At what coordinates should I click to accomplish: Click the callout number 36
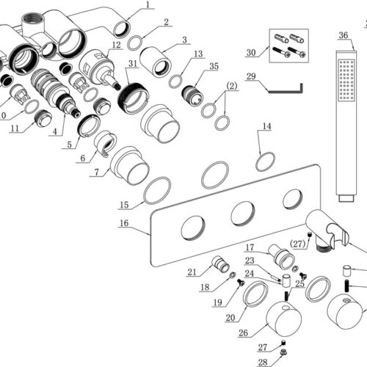coord(344,35)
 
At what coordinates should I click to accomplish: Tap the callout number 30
coord(251,53)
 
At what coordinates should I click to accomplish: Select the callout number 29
coord(251,76)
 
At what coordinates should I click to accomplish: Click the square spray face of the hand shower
coord(346,80)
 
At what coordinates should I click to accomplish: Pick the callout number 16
coord(124,223)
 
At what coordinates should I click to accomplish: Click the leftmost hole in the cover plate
coord(193,228)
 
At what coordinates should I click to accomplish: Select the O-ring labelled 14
coord(266,161)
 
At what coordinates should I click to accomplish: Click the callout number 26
coord(243,333)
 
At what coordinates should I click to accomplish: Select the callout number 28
coord(263,363)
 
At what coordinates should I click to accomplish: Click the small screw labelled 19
coord(241,283)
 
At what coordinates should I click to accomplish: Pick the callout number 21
coord(192,272)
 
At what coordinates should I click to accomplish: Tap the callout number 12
coord(117,45)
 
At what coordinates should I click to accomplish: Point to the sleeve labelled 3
coord(155,62)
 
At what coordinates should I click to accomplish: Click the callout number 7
coord(97,172)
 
